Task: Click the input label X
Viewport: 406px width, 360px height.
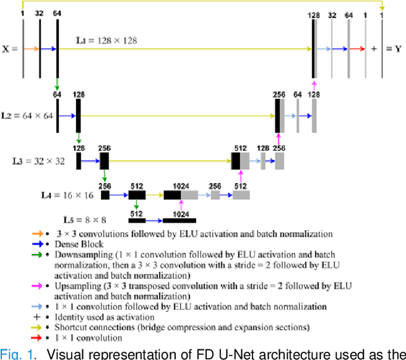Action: [x=6, y=48]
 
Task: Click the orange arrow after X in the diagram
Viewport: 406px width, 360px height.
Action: [x=31, y=48]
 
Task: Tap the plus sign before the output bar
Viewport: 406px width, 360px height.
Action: [x=373, y=48]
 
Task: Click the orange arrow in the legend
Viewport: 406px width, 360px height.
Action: [x=37, y=234]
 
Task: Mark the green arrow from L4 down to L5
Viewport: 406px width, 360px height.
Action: [x=136, y=205]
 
